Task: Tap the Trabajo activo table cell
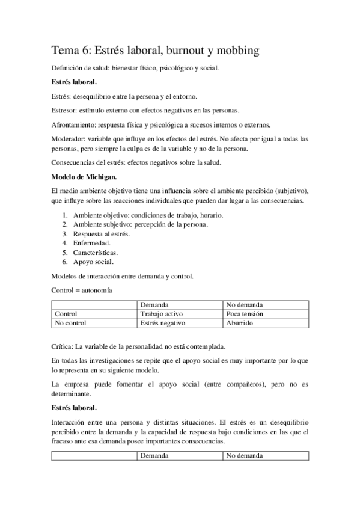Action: click(161, 314)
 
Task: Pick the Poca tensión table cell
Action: click(245, 314)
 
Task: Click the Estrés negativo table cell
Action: click(162, 323)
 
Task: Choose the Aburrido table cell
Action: click(240, 323)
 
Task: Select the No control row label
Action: click(70, 323)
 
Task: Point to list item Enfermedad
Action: click(91, 243)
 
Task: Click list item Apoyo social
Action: click(94, 262)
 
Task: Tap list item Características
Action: click(96, 253)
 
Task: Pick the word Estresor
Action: click(63, 110)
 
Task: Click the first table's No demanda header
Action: click(245, 305)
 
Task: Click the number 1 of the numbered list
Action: click(65, 215)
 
